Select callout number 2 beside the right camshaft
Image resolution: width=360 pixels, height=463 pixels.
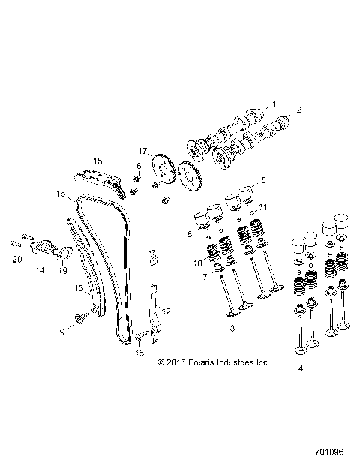coord(298,110)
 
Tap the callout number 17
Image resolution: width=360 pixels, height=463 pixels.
coord(142,150)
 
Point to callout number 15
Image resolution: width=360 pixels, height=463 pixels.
coord(97,161)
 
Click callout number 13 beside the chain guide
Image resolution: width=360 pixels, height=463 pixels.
coord(57,287)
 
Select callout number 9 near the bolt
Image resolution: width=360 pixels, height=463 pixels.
coord(62,331)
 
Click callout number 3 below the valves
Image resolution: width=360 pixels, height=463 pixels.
coord(234,329)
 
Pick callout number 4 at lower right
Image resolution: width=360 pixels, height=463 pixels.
coord(301,368)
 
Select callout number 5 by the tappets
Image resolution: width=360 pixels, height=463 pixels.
coord(263,180)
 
